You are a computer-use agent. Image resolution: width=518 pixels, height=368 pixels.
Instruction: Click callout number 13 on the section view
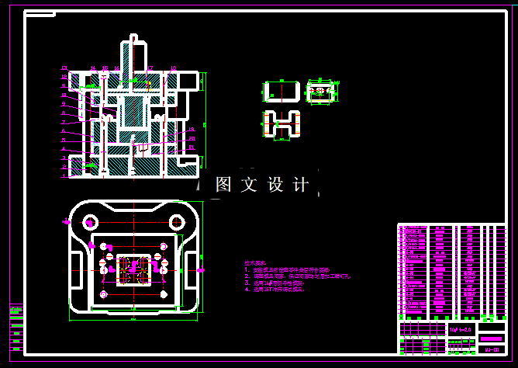click(x=191, y=129)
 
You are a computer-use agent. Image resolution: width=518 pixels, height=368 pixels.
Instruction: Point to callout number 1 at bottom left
click(x=64, y=176)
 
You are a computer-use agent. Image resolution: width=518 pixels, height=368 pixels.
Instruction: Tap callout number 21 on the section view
click(x=192, y=147)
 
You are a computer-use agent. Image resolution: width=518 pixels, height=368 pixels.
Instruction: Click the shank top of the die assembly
click(x=133, y=37)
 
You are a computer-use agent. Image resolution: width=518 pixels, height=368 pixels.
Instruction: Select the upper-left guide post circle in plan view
click(x=91, y=223)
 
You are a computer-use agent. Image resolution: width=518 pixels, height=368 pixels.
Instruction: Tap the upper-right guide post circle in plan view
click(x=177, y=223)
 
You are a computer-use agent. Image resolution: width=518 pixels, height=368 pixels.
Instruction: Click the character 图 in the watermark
click(x=223, y=185)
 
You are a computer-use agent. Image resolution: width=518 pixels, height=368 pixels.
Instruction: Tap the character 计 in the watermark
click(x=300, y=185)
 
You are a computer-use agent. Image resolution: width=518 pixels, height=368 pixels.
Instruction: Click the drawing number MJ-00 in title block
click(x=491, y=349)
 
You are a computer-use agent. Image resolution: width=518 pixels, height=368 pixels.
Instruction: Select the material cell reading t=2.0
click(x=462, y=329)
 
